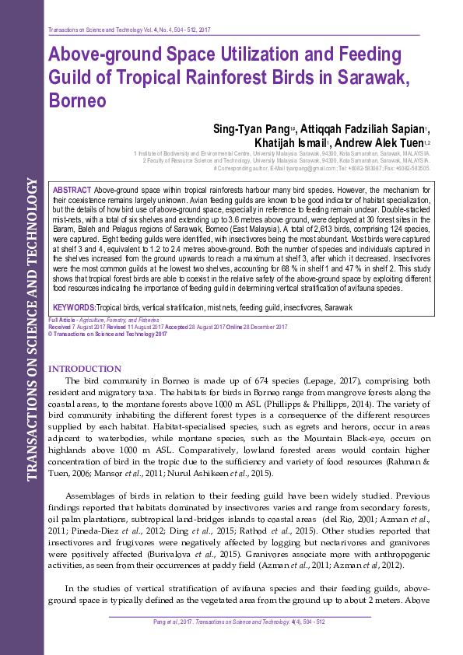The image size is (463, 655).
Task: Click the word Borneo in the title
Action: pos(75,101)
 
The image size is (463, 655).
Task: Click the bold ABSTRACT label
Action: pos(72,191)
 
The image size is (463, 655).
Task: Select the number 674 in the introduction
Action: pos(262,380)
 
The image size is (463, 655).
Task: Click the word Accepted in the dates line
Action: pos(178,327)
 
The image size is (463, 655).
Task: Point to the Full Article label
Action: pos(61,320)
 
